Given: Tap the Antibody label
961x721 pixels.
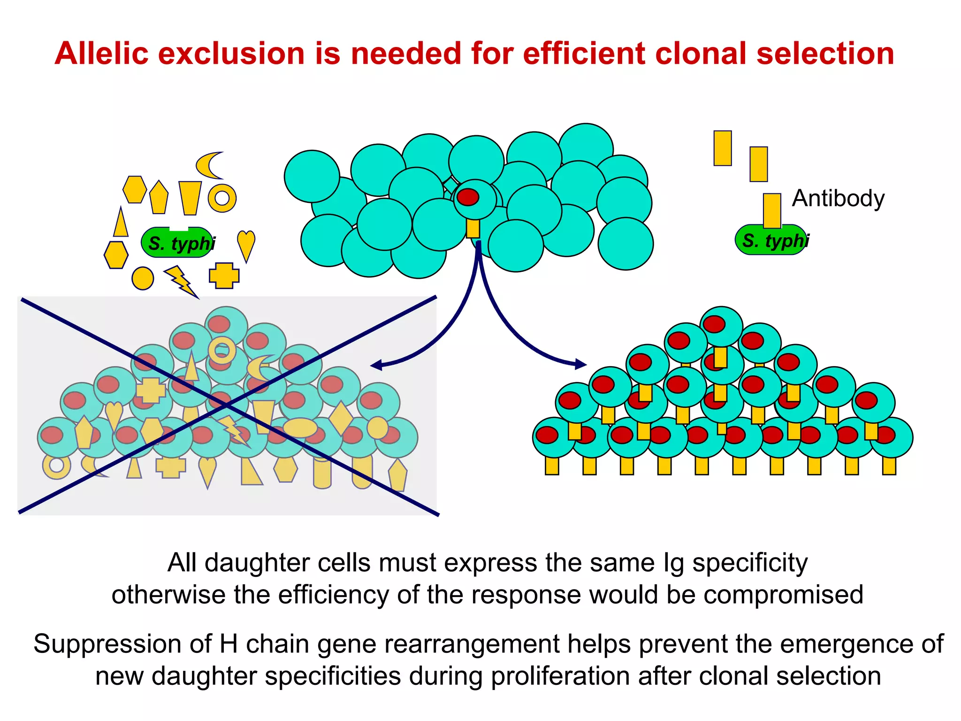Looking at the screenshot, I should pyautogui.click(x=838, y=198).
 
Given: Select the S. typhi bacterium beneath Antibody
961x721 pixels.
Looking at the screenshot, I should pyautogui.click(x=771, y=240).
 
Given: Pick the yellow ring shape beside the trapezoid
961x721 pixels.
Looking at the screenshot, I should pyautogui.click(x=222, y=198).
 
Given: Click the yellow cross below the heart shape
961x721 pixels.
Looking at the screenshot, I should pyautogui.click(x=224, y=275).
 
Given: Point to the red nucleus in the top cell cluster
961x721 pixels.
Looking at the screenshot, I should pyautogui.click(x=468, y=197).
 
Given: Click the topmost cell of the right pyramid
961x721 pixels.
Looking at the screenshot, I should pyautogui.click(x=721, y=326).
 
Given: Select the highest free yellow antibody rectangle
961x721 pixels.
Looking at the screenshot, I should pyautogui.click(x=723, y=148).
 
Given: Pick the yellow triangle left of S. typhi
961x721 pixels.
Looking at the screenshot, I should pyautogui.click(x=121, y=222).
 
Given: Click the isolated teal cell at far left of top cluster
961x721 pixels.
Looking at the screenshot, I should pyautogui.click(x=312, y=176).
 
